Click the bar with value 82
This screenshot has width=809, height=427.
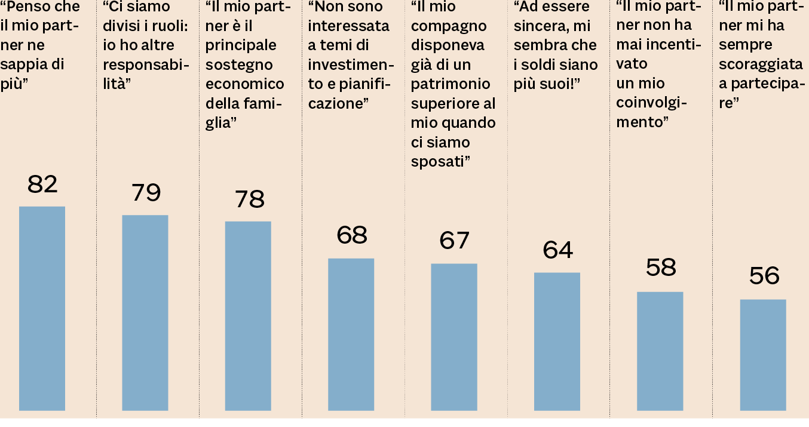tap(42, 308)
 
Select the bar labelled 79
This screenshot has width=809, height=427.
tap(145, 312)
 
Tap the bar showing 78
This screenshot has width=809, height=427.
tap(248, 316)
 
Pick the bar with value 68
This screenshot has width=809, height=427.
tap(351, 334)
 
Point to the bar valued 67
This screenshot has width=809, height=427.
tap(454, 337)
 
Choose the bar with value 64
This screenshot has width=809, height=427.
tap(557, 342)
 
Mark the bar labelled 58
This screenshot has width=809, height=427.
tap(660, 351)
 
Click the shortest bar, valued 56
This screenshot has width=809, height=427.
tap(763, 355)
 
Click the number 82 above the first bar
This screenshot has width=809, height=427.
tap(42, 185)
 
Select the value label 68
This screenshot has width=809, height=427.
tap(351, 236)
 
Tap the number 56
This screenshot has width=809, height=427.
tap(764, 276)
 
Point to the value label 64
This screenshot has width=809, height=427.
tap(557, 250)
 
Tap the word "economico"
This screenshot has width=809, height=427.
tap(245, 84)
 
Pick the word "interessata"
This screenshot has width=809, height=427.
tap(348, 26)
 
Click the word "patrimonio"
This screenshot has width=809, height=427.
tap(451, 84)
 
